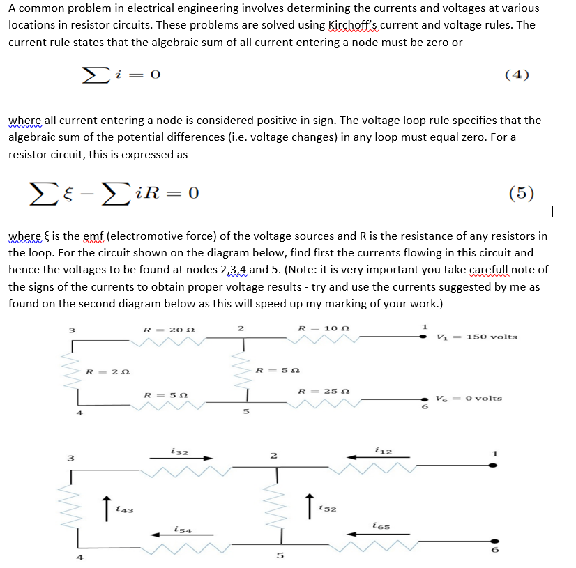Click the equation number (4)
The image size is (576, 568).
pos(517,75)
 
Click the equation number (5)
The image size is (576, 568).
pos(522,192)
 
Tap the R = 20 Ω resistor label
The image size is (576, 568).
pos(163,330)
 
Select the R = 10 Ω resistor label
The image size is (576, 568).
pos(318,329)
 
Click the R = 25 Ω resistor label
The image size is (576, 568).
pos(319,391)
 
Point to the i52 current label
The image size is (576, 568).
pos(328,508)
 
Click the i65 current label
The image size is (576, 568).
pos(381,528)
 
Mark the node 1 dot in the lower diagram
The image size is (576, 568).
pos(494,465)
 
